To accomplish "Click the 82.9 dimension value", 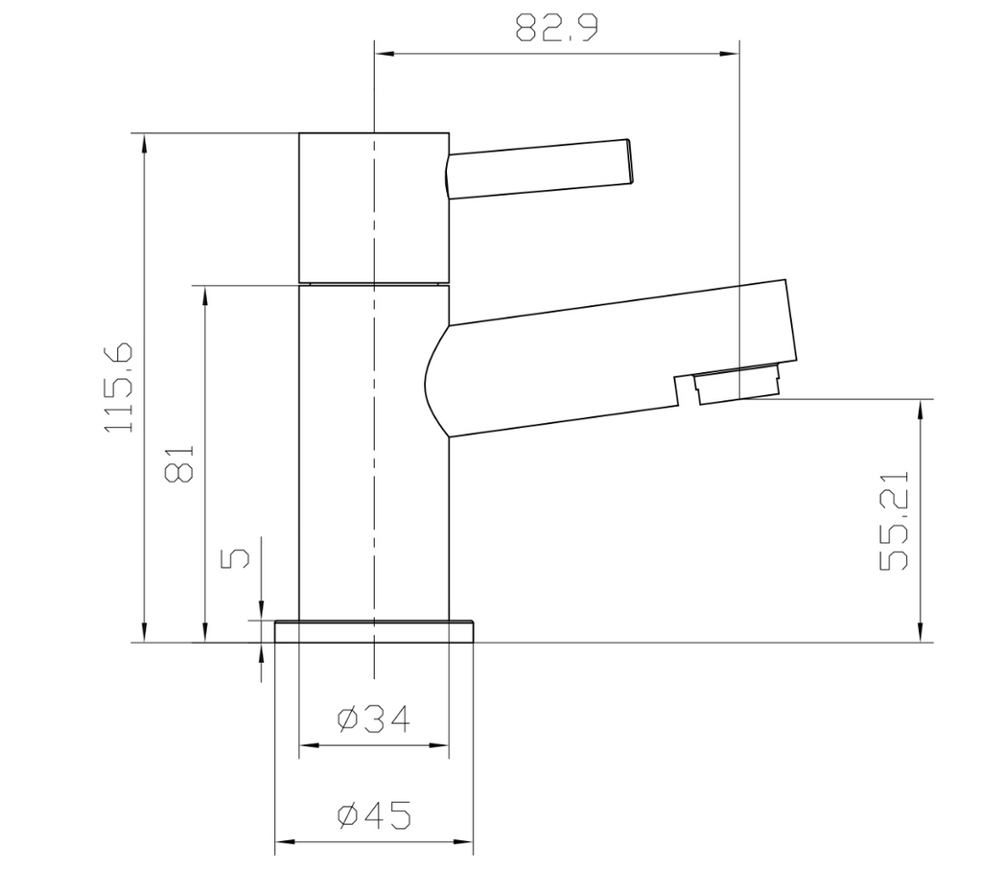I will tap(557, 28).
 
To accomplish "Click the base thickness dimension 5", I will tap(236, 557).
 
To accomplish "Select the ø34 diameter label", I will tap(373, 718).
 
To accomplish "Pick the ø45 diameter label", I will tap(373, 816).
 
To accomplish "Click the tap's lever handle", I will tap(537, 170).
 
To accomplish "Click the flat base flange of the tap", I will tap(374, 631).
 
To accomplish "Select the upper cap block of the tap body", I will tap(374, 206).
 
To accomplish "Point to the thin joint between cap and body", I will tap(374, 283).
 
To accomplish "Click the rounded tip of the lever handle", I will tap(629, 163).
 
